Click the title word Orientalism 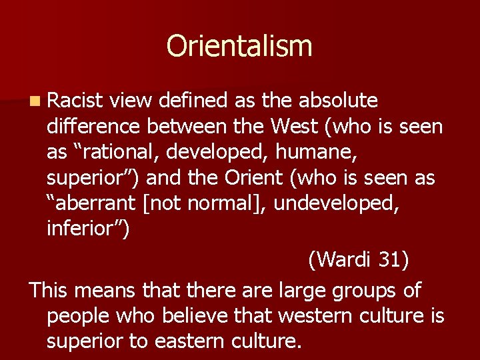239,46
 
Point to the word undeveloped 337,203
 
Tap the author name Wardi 342,259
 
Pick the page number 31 393,259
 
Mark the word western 296,315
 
